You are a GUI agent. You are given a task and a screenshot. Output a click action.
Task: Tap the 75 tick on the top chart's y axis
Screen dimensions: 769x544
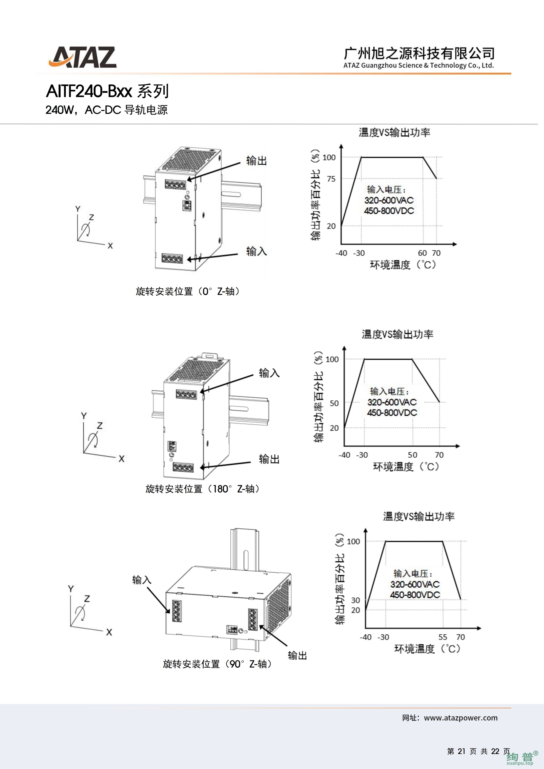(331, 179)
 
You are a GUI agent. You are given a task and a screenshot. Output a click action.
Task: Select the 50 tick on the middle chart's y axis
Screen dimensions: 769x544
(334, 403)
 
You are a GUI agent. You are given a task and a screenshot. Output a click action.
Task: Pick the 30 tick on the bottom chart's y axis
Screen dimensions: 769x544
(355, 600)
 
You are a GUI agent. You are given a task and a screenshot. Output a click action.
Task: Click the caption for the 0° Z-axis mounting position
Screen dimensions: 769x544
(188, 291)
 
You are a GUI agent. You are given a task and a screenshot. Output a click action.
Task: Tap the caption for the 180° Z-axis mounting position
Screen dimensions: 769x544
(202, 489)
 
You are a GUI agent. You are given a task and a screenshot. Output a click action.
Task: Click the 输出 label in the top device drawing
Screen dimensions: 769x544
(256, 161)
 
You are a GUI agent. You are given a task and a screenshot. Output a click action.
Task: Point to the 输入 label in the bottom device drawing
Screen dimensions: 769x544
(142, 580)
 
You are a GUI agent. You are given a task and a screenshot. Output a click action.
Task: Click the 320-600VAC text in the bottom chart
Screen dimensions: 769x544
(415, 584)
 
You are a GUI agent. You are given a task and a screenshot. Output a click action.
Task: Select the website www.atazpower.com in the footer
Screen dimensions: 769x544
(461, 718)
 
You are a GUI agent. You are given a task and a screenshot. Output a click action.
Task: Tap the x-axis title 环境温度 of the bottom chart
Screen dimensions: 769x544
(414, 649)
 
